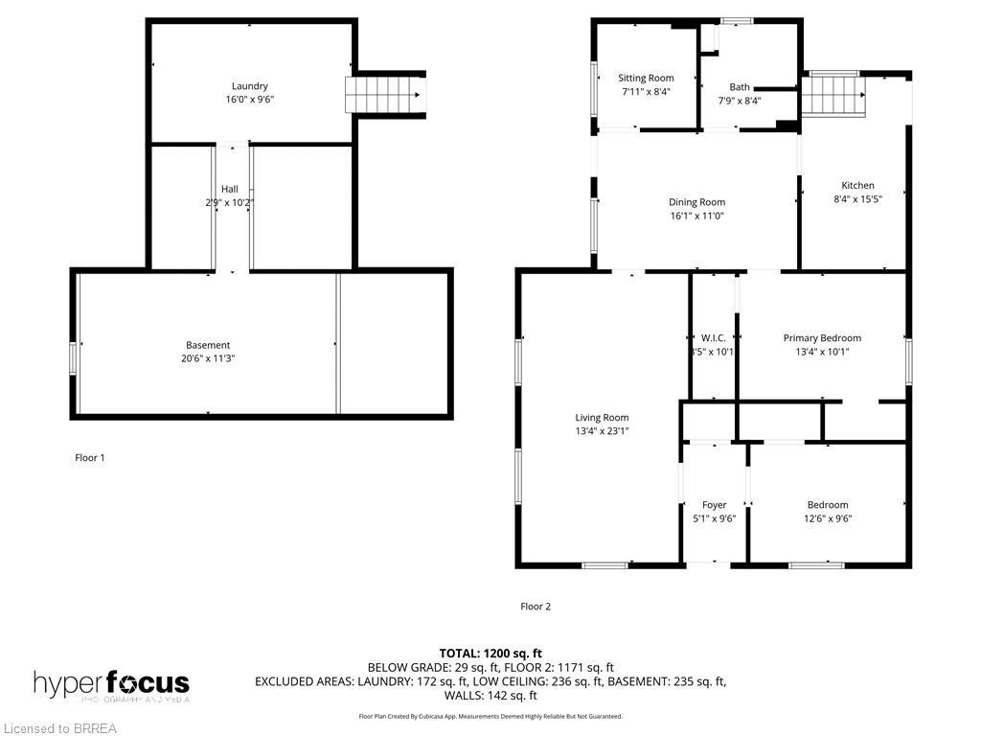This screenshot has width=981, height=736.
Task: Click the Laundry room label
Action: (249, 86)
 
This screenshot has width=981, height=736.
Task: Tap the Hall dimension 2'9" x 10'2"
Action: (230, 202)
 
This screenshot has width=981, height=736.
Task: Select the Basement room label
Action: (208, 345)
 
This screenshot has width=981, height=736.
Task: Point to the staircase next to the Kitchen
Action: (833, 97)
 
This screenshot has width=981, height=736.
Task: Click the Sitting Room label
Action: (646, 79)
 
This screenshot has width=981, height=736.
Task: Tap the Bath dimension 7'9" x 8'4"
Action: (740, 101)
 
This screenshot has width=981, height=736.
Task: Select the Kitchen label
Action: (857, 186)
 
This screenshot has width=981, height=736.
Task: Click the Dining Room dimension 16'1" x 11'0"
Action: (696, 216)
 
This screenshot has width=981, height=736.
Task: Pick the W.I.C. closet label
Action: (714, 338)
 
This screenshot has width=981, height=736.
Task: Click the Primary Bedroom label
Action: (822, 338)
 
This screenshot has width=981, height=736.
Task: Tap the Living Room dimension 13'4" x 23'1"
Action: (602, 431)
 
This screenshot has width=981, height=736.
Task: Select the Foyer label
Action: (714, 505)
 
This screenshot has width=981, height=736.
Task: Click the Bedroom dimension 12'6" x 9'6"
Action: (827, 518)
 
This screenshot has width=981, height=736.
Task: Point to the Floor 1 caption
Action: (90, 458)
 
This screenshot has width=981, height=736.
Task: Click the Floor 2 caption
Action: (536, 607)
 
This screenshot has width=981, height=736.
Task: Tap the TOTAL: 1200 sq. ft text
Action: (490, 654)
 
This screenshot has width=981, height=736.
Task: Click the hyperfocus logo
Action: (111, 684)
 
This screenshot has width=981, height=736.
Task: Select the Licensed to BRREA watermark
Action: (59, 728)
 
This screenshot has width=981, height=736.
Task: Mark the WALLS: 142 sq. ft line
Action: (490, 696)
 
